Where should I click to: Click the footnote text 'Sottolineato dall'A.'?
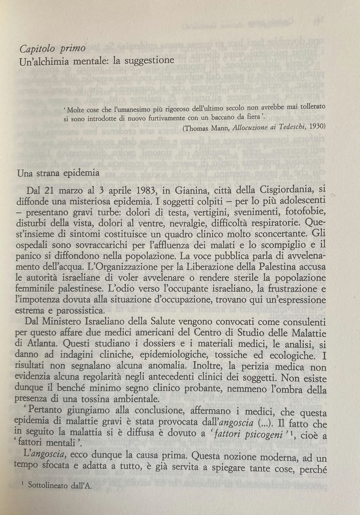(x=60, y=485)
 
